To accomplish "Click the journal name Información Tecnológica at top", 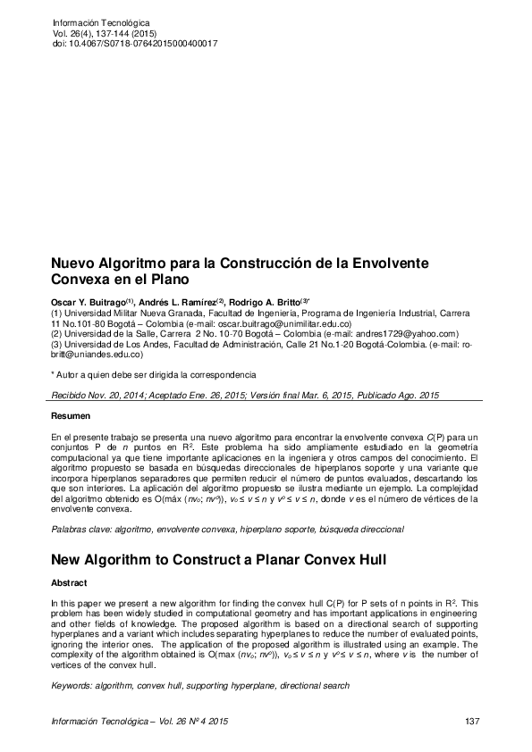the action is coord(102,21).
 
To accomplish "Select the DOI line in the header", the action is coord(136,43).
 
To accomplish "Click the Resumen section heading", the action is coord(70,417).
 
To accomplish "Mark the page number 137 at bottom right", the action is coord(474,721).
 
